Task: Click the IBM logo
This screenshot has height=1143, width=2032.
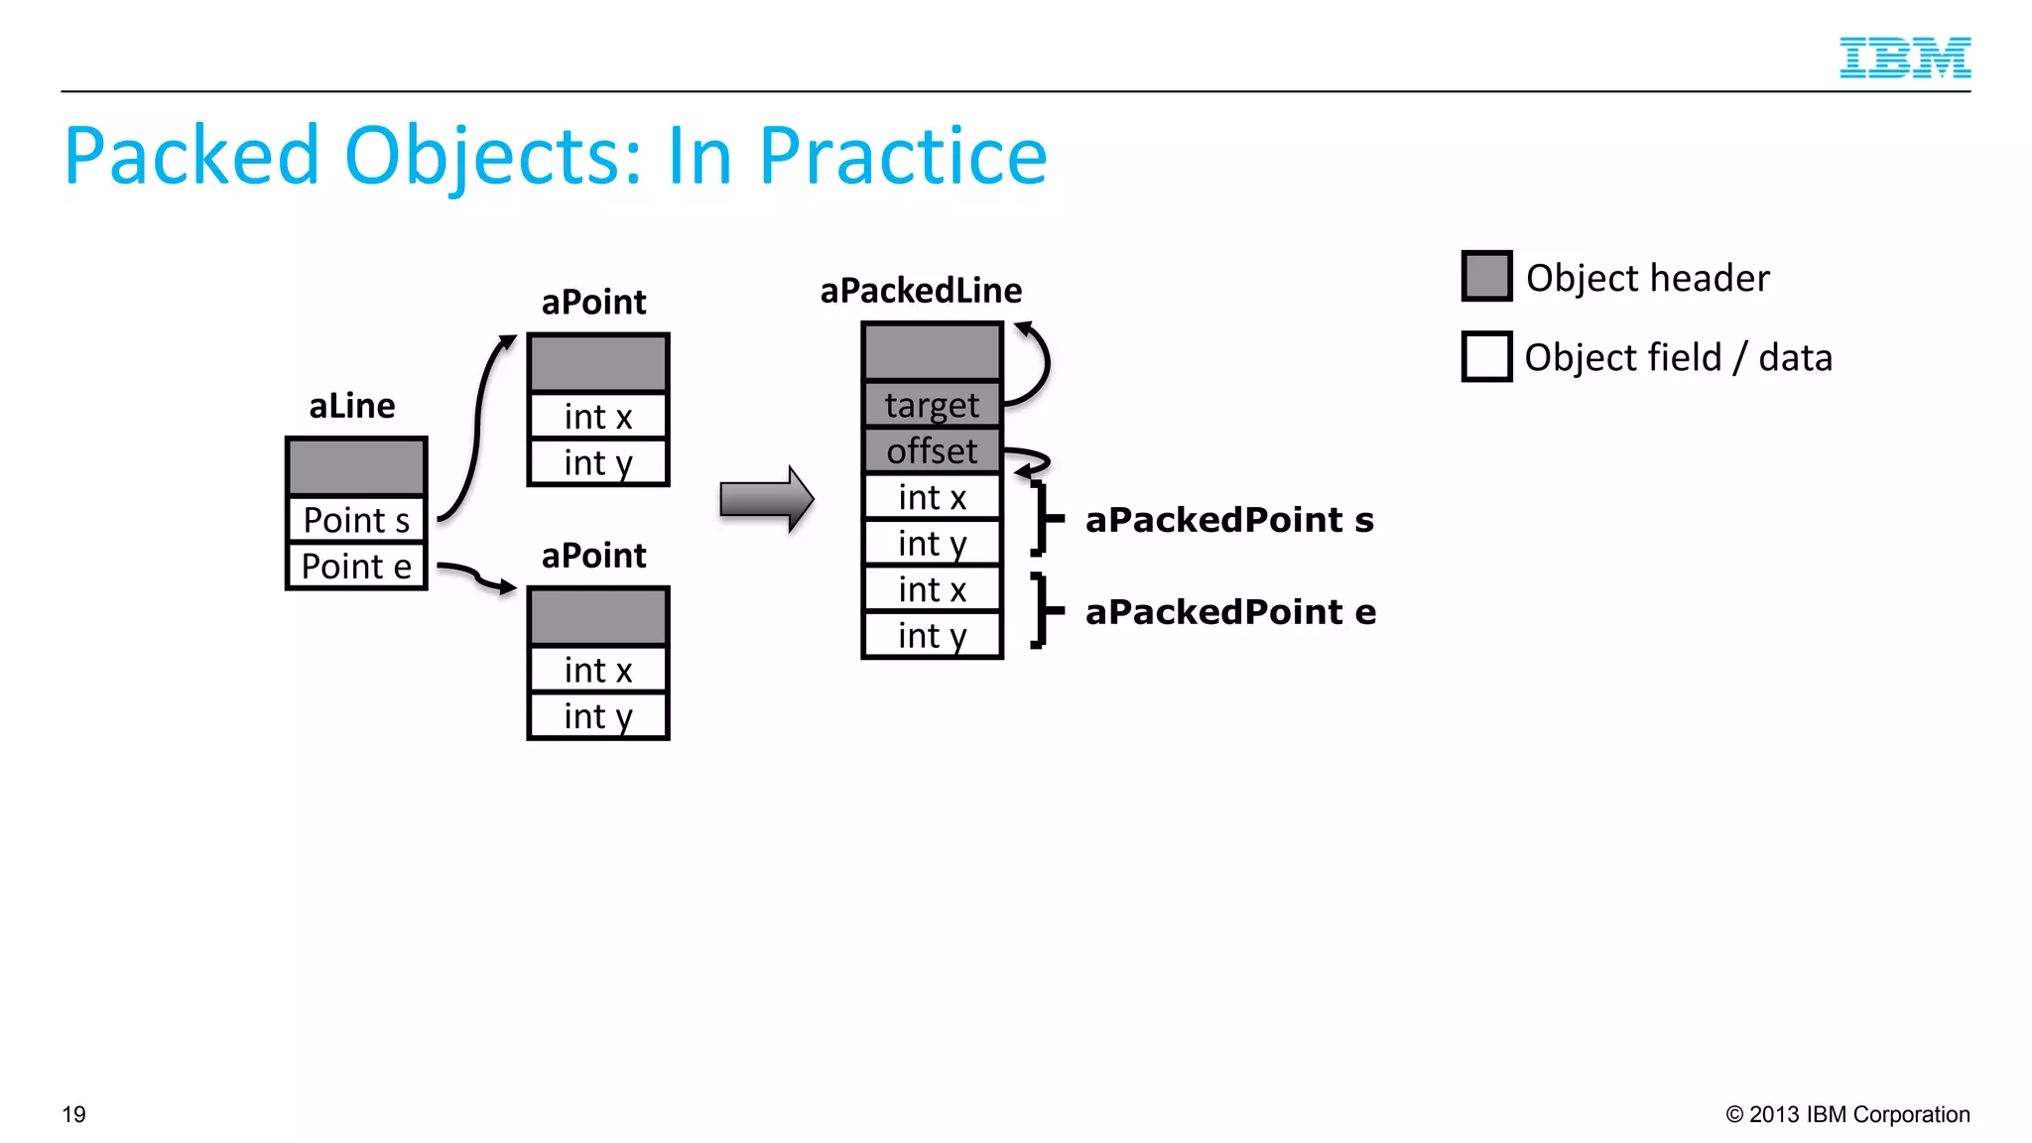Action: pyautogui.click(x=1904, y=58)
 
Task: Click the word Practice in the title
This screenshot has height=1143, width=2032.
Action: pyautogui.click(x=902, y=157)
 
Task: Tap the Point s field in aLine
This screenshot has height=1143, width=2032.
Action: pyautogui.click(x=356, y=520)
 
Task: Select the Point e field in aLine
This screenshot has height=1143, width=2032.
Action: pyautogui.click(x=356, y=567)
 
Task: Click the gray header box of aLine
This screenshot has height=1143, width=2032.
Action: pyautogui.click(x=356, y=466)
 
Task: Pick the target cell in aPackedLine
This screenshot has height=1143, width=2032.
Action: pyautogui.click(x=932, y=405)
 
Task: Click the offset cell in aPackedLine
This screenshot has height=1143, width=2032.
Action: pyautogui.click(x=932, y=451)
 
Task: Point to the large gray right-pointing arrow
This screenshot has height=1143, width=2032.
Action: pyautogui.click(x=766, y=499)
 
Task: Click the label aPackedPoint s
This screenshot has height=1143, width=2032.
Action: pyautogui.click(x=1229, y=520)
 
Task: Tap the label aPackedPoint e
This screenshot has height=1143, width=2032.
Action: pyautogui.click(x=1230, y=612)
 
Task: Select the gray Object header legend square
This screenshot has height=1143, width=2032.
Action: pyautogui.click(x=1486, y=276)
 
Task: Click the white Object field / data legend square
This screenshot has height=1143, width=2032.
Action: pyautogui.click(x=1486, y=356)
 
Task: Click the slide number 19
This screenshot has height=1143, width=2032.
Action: pyautogui.click(x=74, y=1114)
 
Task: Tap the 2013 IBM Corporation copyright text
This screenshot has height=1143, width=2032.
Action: pyautogui.click(x=1847, y=1114)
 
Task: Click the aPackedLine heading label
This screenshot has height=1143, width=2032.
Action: pyautogui.click(x=921, y=291)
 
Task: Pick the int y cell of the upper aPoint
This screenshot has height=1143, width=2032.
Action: pyautogui.click(x=597, y=463)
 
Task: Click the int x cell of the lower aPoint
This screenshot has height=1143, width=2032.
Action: pyautogui.click(x=597, y=671)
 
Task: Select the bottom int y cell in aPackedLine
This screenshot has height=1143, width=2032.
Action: pyautogui.click(x=932, y=636)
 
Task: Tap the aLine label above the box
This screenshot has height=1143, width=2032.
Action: pyautogui.click(x=351, y=406)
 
